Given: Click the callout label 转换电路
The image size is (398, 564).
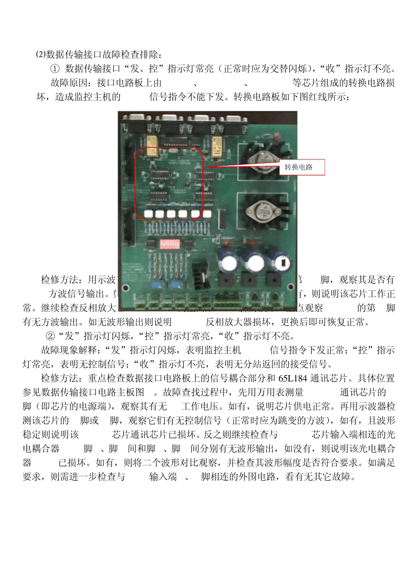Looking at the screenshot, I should point(299,167).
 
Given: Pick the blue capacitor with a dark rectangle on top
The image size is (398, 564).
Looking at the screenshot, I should point(283,262).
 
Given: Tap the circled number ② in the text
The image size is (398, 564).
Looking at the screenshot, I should point(50,336).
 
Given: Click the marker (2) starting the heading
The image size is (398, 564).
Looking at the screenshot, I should point(41,55).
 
